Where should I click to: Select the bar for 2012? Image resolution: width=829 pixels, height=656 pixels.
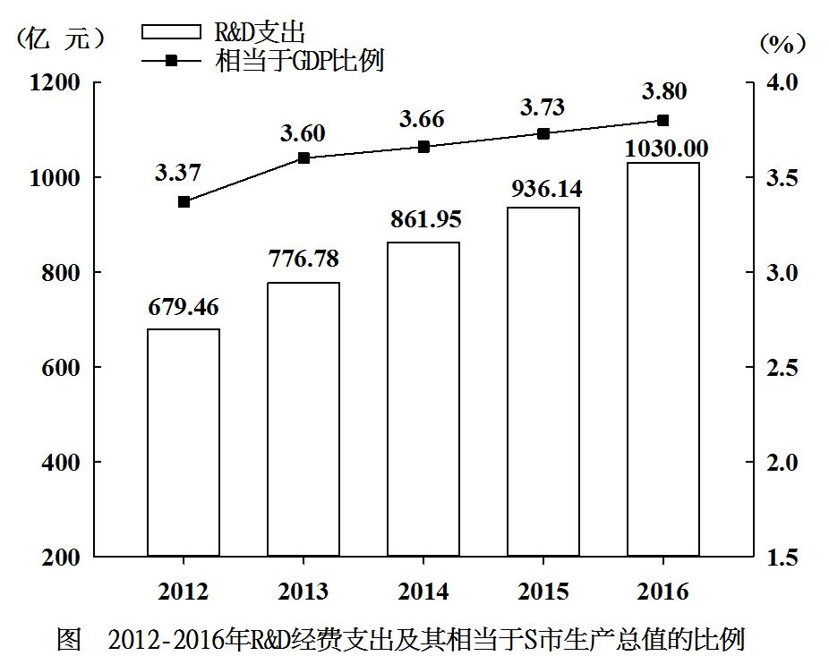point(184,442)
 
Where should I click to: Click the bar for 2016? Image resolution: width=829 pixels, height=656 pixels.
point(663,359)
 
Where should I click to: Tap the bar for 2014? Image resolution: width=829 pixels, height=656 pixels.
point(423,399)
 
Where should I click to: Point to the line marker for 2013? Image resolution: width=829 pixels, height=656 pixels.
point(303,158)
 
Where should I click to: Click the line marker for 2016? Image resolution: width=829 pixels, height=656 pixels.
point(663,120)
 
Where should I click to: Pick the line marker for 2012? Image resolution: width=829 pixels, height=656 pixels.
point(184,202)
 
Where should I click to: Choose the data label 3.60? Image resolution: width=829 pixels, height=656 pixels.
point(303,133)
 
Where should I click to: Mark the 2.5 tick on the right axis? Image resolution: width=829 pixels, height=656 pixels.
point(779,368)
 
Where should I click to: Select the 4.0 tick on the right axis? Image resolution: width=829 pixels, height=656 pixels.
point(779,82)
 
